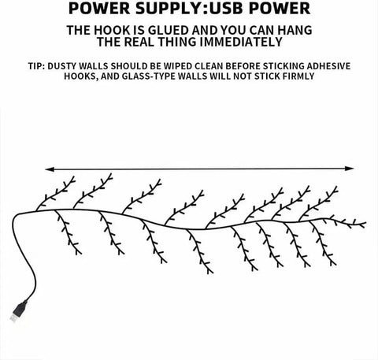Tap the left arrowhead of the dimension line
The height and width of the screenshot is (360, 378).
(x=50, y=169)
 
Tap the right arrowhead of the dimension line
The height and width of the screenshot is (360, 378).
(x=350, y=169)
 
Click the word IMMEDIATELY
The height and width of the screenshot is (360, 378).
(x=241, y=42)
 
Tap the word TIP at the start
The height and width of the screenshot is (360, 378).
(x=36, y=66)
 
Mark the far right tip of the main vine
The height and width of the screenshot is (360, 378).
(x=365, y=224)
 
